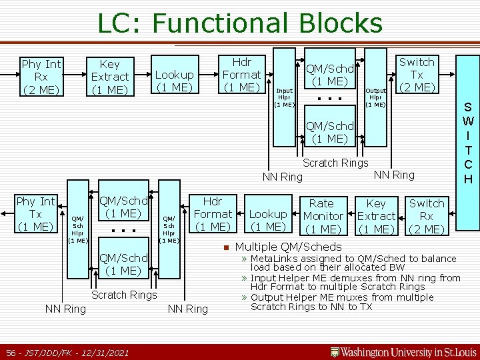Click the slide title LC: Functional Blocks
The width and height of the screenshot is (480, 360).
240,23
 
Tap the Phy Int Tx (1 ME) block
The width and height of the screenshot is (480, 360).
36,214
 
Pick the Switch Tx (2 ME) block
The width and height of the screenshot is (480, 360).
417,75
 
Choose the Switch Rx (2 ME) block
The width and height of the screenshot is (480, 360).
427,216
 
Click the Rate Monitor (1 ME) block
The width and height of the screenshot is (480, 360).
323,216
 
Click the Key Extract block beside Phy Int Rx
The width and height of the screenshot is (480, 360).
109,77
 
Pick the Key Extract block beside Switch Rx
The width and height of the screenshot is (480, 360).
376,216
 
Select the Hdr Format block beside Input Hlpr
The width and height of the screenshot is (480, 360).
241,75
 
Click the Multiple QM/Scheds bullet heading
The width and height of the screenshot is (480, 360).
289,247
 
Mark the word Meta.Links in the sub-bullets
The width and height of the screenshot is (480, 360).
274,259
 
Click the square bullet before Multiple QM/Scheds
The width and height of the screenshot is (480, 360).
227,247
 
